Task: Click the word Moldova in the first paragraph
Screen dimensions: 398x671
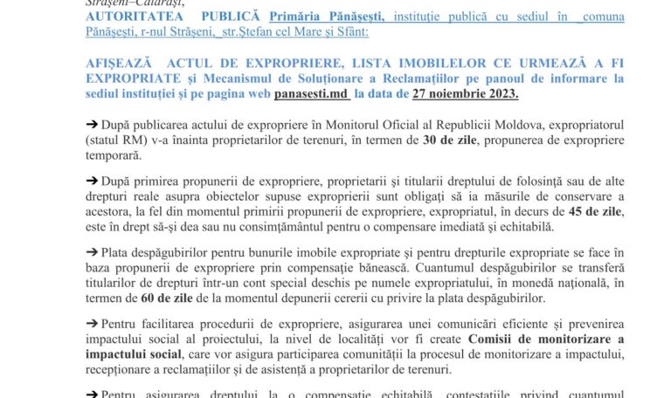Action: tap(442, 126)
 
